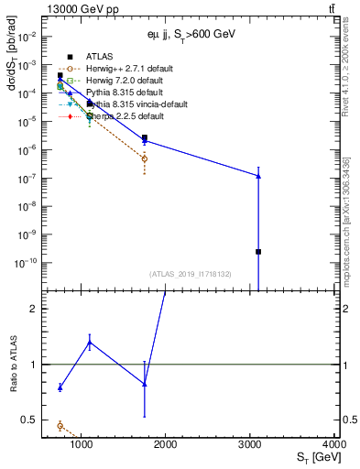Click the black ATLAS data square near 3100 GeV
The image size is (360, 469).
[258, 251]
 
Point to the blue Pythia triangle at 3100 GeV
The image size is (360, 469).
[258, 175]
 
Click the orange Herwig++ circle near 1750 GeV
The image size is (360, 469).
[145, 158]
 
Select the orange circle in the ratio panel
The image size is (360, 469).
[60, 425]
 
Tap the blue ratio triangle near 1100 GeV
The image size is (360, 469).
[90, 343]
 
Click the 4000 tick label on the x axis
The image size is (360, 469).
[334, 444]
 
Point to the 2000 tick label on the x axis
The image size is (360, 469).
[166, 444]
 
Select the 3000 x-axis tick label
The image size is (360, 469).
[250, 444]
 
